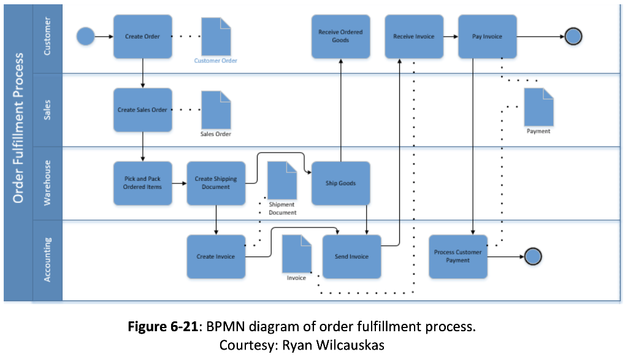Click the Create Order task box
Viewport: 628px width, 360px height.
(142, 36)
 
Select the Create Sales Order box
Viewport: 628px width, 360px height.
(142, 110)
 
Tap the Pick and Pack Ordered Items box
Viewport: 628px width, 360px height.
(142, 183)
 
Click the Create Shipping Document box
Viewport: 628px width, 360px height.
(216, 183)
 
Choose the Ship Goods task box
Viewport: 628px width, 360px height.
(340, 183)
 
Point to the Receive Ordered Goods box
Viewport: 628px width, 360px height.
(340, 36)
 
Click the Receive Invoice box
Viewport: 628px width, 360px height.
(414, 36)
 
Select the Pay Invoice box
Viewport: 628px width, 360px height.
(487, 36)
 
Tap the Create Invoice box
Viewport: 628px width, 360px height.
(216, 256)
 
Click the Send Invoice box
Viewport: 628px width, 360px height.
(351, 256)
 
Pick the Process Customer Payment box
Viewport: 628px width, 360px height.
(458, 256)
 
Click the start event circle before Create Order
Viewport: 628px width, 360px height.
(85, 36)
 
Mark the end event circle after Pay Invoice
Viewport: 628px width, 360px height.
(573, 36)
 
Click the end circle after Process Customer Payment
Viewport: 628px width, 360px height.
(533, 256)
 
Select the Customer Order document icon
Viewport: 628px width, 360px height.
(216, 36)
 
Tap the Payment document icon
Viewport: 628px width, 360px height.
(538, 107)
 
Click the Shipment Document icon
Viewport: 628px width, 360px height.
(282, 180)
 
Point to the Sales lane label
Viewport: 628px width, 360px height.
(47, 110)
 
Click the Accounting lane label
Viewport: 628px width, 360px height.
(47, 260)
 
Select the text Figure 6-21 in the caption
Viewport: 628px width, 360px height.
(163, 326)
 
